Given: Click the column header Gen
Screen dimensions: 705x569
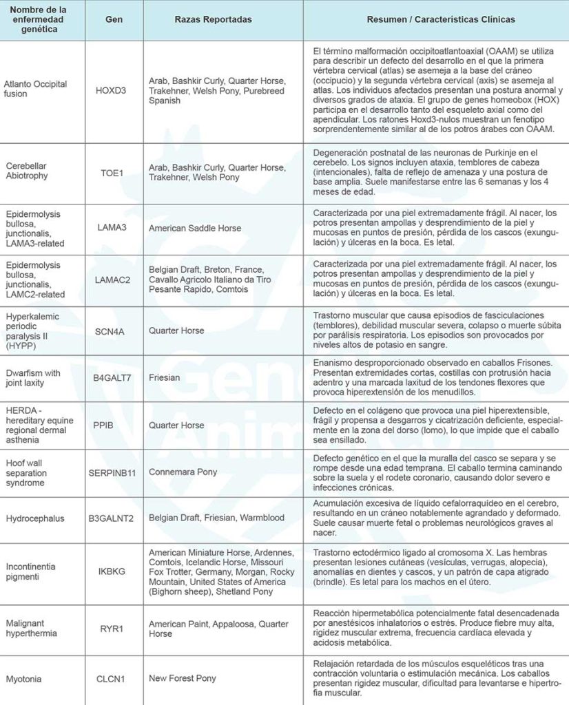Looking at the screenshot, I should (x=114, y=20).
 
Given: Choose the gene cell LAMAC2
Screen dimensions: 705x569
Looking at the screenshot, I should (x=114, y=280).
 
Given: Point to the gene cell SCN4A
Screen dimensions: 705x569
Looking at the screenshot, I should (x=114, y=330).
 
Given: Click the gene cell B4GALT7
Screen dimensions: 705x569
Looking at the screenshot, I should (x=114, y=378).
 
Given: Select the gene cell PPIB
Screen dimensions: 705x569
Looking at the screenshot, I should (x=114, y=425).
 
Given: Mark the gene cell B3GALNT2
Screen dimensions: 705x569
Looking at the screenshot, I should (x=114, y=518).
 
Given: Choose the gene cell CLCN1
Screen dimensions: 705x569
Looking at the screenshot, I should (x=114, y=678).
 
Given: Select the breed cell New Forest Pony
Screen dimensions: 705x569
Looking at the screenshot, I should (x=182, y=678).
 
